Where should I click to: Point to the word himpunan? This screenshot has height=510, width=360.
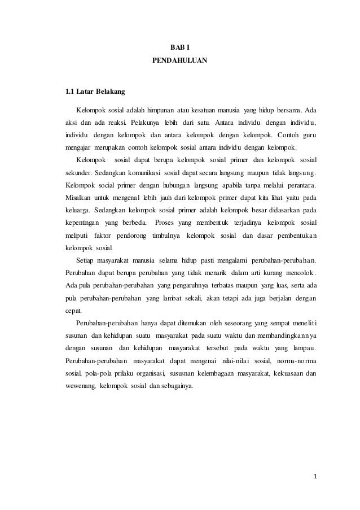[x=159, y=109]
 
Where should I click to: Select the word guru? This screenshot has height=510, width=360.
[x=308, y=136]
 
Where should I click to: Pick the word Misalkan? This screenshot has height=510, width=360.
[x=79, y=198]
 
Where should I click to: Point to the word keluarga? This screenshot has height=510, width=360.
[x=78, y=210]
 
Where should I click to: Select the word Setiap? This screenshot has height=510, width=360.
[x=86, y=260]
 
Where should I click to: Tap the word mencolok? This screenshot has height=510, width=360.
[x=300, y=273]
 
